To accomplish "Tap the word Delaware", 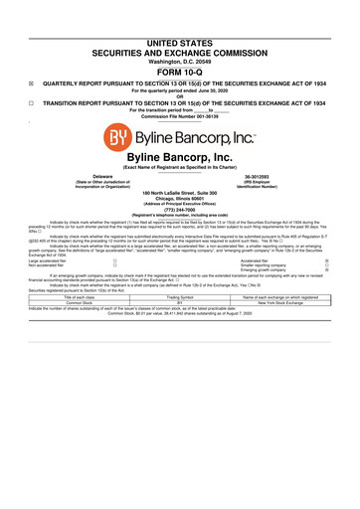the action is (x=96, y=175).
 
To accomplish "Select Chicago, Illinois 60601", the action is (x=180, y=202).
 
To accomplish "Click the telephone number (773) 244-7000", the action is (x=180, y=216).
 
